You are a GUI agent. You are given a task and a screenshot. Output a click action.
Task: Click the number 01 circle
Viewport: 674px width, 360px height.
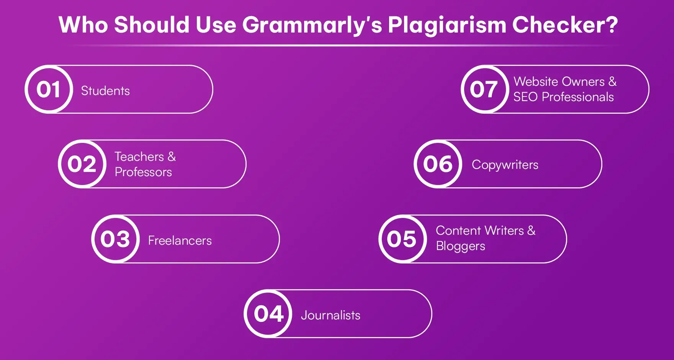pyautogui.click(x=49, y=89)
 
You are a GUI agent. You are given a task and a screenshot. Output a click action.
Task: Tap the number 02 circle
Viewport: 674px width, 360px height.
pyautogui.click(x=82, y=164)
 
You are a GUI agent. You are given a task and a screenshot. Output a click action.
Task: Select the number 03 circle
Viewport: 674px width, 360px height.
pyautogui.click(x=115, y=239)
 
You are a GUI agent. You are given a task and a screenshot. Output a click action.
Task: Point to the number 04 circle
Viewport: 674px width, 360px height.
pyautogui.click(x=268, y=314)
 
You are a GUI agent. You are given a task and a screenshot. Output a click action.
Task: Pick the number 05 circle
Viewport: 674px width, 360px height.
pyautogui.click(x=402, y=239)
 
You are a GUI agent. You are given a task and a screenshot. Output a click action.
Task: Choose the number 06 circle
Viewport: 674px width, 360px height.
pyautogui.click(x=438, y=164)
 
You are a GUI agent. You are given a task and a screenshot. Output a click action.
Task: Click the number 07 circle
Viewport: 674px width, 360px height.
pyautogui.click(x=484, y=89)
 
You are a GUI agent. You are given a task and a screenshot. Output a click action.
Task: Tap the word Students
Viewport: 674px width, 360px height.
pyautogui.click(x=105, y=91)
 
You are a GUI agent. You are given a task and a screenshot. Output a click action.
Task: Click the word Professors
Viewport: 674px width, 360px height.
pyautogui.click(x=143, y=172)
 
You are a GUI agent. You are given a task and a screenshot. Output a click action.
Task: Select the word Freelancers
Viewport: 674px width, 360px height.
pyautogui.click(x=180, y=241)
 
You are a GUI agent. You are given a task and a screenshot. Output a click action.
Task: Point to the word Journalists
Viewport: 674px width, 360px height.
pyautogui.click(x=330, y=315)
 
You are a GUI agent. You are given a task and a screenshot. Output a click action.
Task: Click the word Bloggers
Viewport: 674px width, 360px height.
pyautogui.click(x=460, y=246)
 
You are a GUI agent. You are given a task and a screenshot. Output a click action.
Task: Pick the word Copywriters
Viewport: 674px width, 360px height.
pyautogui.click(x=505, y=165)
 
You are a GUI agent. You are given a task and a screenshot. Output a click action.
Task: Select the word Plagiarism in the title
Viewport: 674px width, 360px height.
pyautogui.click(x=447, y=25)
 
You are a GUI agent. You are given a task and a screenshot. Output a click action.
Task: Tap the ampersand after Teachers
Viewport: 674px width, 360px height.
pyautogui.click(x=172, y=156)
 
